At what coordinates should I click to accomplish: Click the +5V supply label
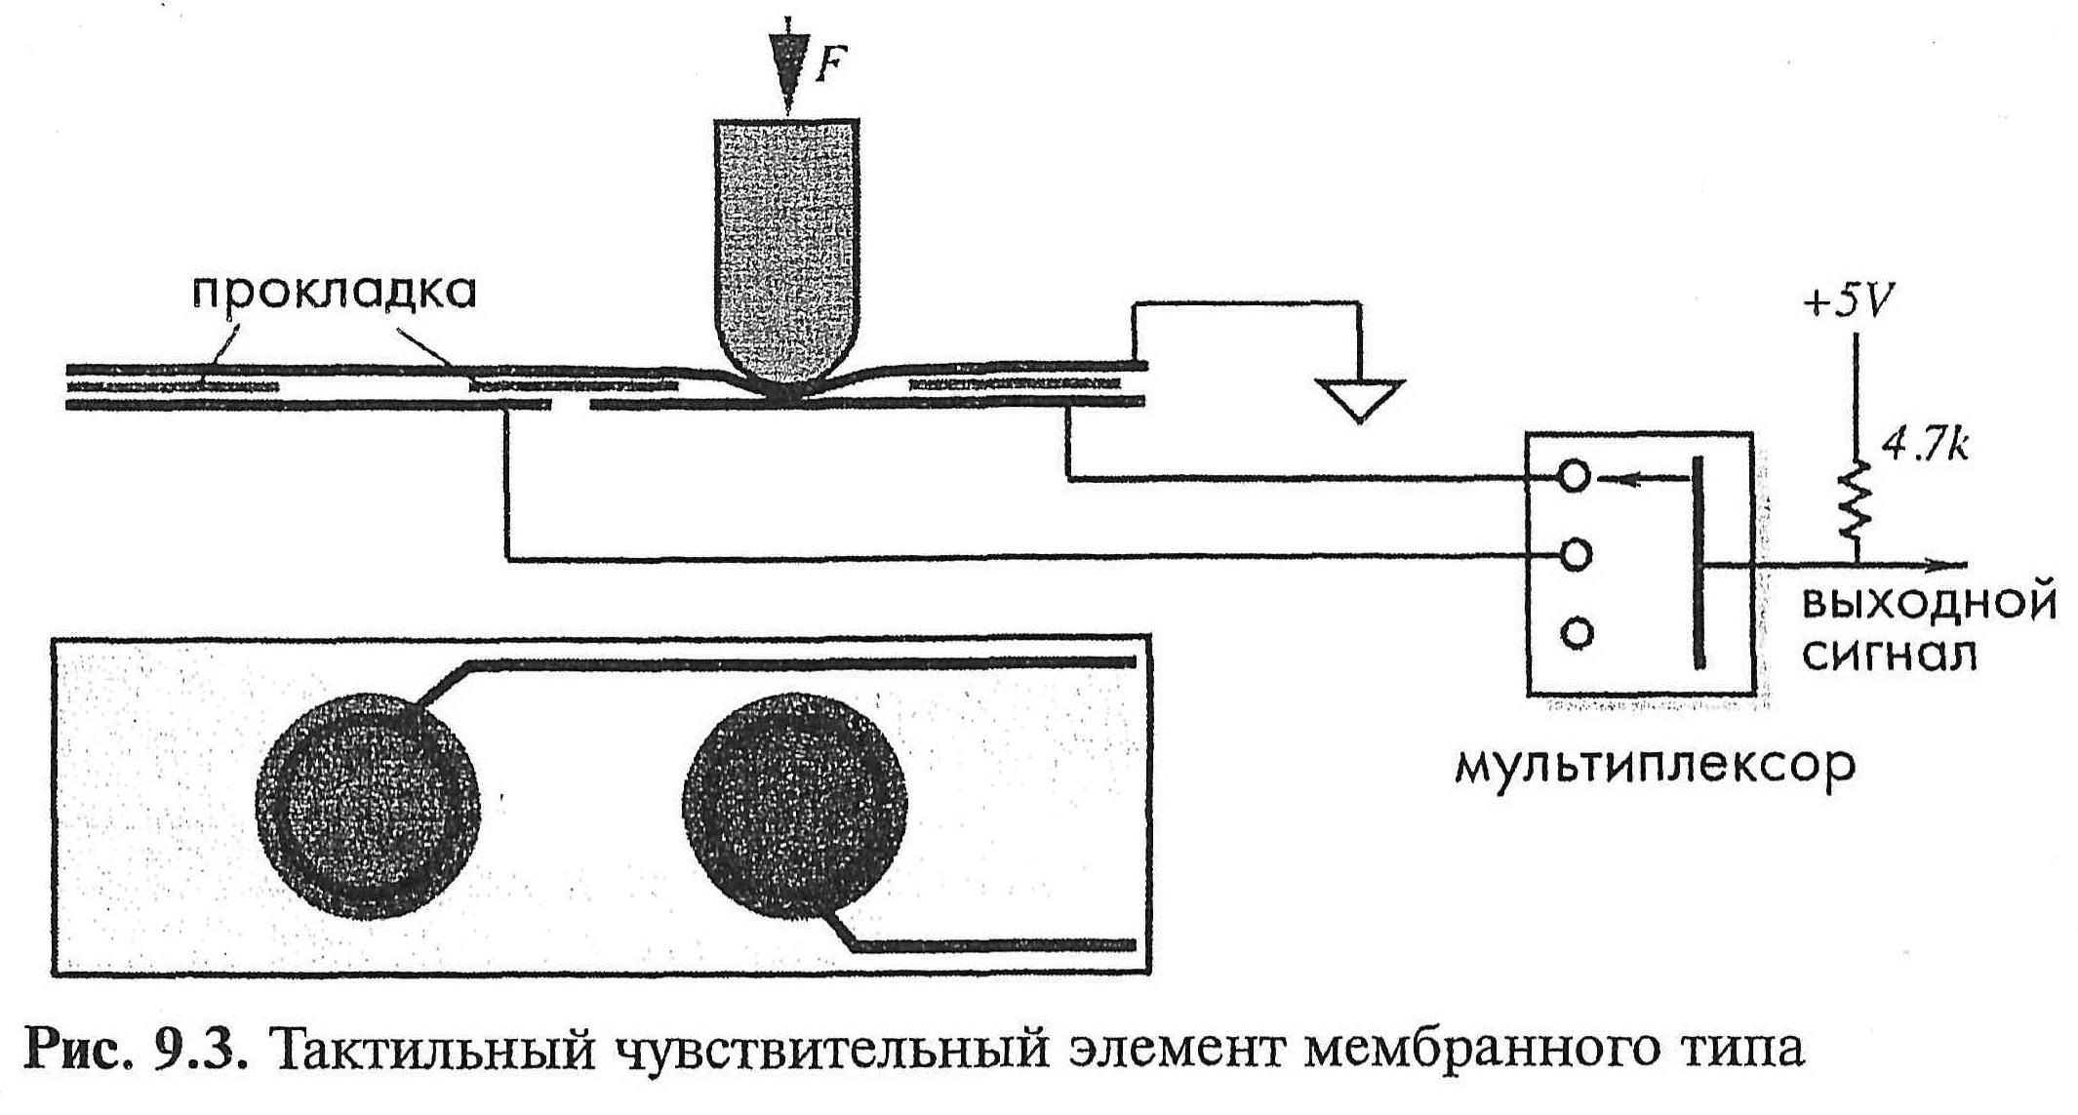(1846, 303)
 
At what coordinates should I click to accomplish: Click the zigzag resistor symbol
(1854, 502)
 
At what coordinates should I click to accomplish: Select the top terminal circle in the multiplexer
(1575, 477)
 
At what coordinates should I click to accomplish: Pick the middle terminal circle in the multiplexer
(1576, 555)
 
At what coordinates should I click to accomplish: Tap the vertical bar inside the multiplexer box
(1698, 563)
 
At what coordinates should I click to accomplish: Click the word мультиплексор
(1654, 767)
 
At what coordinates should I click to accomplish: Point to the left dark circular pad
(368, 806)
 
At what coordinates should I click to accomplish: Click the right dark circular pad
(795, 806)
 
